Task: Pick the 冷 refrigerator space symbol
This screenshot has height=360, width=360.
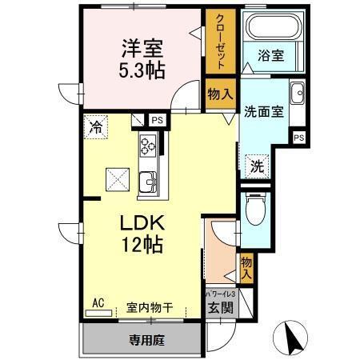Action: pyautogui.click(x=96, y=126)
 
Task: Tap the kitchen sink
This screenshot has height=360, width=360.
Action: pyautogui.click(x=149, y=183)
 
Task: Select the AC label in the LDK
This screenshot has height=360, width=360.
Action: pyautogui.click(x=98, y=302)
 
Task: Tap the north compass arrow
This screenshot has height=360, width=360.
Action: pyautogui.click(x=292, y=339)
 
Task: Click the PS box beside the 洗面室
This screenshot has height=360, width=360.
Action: pyautogui.click(x=298, y=138)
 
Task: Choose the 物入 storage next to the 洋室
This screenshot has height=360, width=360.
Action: pyautogui.click(x=220, y=94)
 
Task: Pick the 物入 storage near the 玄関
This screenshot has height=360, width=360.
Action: pyautogui.click(x=246, y=267)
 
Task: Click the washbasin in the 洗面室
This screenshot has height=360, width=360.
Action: pyautogui.click(x=296, y=91)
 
